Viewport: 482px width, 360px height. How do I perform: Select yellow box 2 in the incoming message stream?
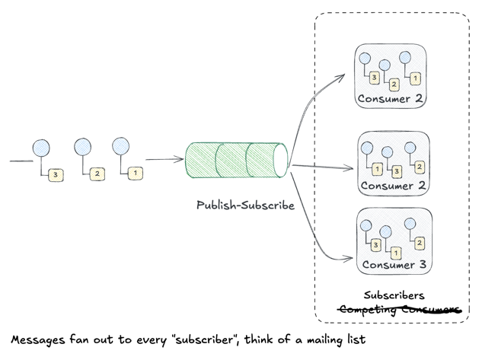pos(97,174)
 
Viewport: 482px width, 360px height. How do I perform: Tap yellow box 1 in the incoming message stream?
pos(135,174)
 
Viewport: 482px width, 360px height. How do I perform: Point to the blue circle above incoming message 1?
pos(120,146)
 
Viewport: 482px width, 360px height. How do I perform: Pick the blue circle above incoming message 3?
pos(40,147)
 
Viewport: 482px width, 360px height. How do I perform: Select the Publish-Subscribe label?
pos(245,205)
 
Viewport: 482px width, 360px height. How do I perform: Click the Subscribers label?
pos(394,295)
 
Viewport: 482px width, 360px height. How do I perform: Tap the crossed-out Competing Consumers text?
pos(399,309)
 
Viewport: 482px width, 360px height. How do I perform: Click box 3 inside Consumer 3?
pos(375,244)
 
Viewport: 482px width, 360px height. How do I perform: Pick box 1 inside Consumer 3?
pos(396,252)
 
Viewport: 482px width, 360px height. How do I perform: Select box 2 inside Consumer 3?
pos(419,242)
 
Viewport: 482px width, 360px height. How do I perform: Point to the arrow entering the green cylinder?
pos(164,159)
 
